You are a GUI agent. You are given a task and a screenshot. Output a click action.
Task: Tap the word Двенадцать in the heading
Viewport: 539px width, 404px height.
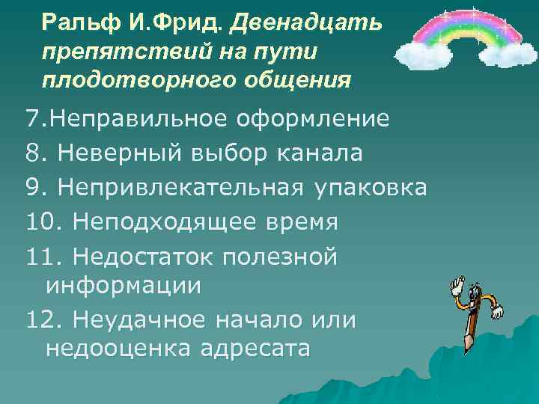(x=306, y=23)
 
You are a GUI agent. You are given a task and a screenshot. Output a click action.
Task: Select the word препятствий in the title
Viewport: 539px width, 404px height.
(x=107, y=52)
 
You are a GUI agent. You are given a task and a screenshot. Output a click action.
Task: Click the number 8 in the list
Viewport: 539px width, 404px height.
(x=32, y=153)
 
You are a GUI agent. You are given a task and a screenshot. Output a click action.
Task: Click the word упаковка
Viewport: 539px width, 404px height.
(x=369, y=188)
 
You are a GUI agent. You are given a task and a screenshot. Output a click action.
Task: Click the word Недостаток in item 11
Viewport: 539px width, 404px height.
(x=144, y=257)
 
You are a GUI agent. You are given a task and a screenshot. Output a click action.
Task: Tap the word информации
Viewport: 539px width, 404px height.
(x=124, y=285)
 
